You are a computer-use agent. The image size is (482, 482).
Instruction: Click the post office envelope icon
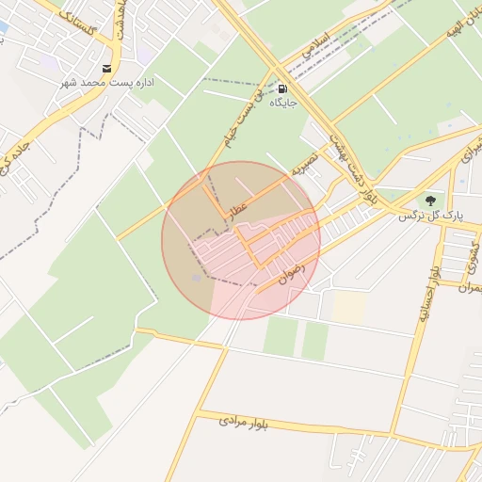(x=107, y=68)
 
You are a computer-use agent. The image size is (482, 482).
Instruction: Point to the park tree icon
(x=430, y=201)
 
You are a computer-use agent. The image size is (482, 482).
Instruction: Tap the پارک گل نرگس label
(x=431, y=216)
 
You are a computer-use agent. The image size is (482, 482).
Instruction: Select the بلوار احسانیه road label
(x=429, y=295)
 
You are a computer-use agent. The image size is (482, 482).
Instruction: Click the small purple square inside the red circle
(x=196, y=278)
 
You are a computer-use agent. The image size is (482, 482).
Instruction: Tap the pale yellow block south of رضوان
(x=349, y=305)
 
